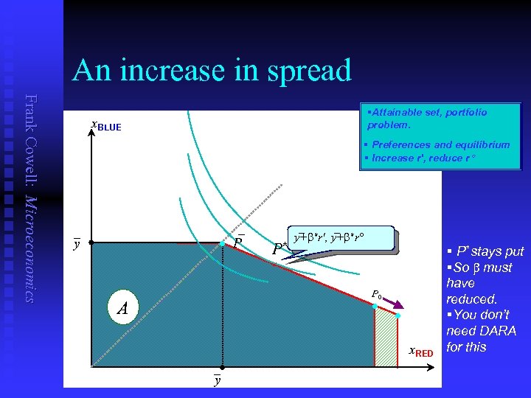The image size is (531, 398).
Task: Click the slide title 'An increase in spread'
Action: pyautogui.click(x=212, y=71)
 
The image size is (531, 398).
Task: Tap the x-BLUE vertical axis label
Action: pyautogui.click(x=105, y=126)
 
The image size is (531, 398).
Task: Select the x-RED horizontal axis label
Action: pyautogui.click(x=421, y=352)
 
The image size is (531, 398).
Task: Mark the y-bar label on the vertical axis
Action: pyautogui.click(x=76, y=242)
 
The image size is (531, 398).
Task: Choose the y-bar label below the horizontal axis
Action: pyautogui.click(x=217, y=380)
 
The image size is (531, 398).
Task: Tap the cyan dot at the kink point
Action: pyautogui.click(x=223, y=242)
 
